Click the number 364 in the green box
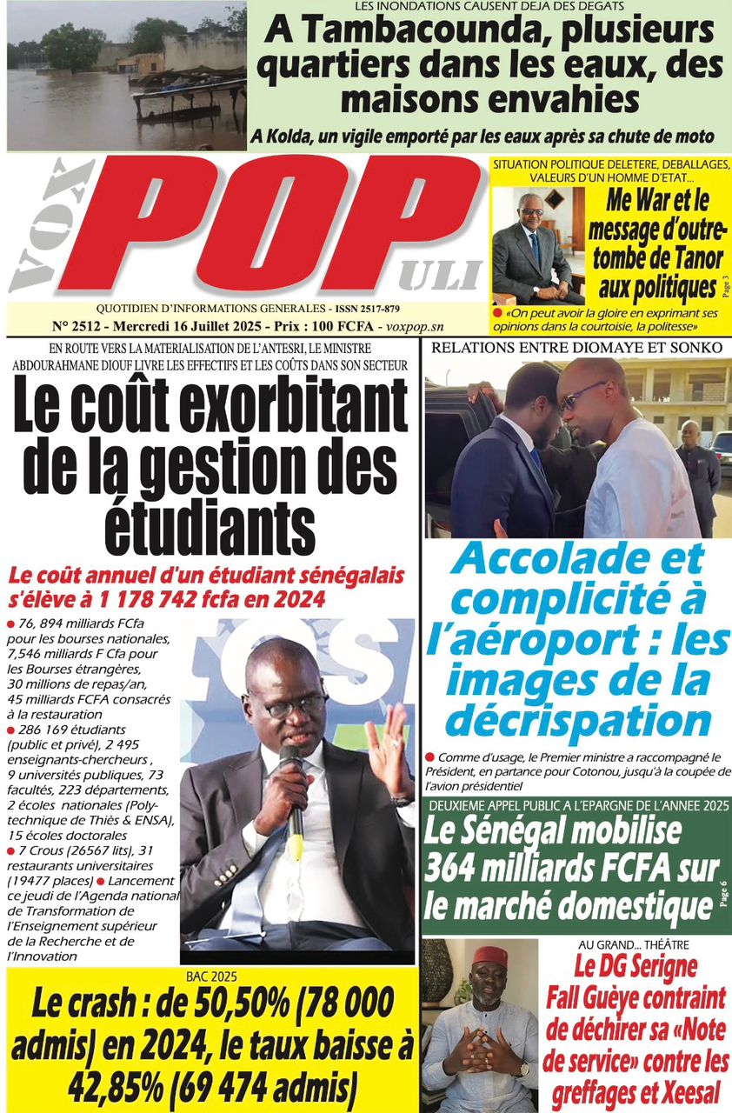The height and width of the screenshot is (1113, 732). [452, 869]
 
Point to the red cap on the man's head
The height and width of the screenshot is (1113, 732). [490, 957]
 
